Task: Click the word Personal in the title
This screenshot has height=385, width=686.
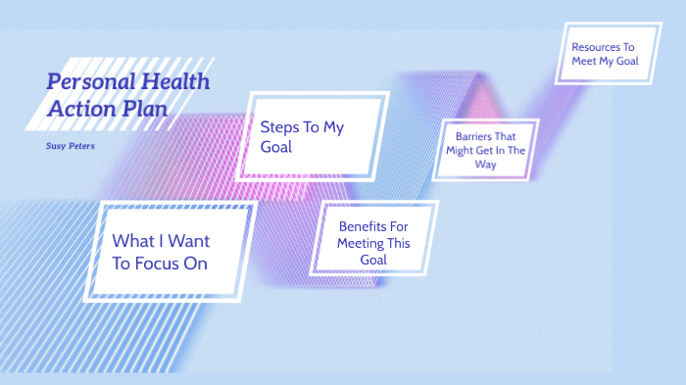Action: [x=88, y=83]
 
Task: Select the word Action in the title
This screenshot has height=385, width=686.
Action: [x=79, y=109]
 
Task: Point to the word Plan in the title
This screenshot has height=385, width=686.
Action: [x=142, y=109]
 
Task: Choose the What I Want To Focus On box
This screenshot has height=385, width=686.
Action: [x=169, y=252]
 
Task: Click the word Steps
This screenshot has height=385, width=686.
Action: [x=281, y=126]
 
